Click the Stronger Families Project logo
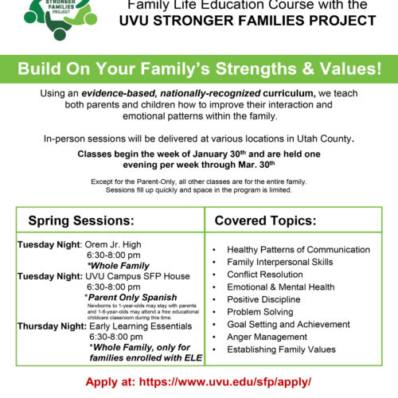60,19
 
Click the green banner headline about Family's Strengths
200,68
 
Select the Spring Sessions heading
81,220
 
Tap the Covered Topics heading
265,220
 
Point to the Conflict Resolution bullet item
265,275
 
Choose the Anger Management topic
267,337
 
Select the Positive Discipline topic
263,299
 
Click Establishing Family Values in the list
281,349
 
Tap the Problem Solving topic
260,312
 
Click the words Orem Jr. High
113,244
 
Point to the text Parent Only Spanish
132,297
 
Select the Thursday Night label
52,326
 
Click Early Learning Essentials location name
141,326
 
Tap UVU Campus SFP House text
138,276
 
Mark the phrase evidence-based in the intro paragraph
119,93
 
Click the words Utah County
324,139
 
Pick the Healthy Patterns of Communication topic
298,250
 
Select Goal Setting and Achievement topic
288,325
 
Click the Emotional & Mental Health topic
281,287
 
